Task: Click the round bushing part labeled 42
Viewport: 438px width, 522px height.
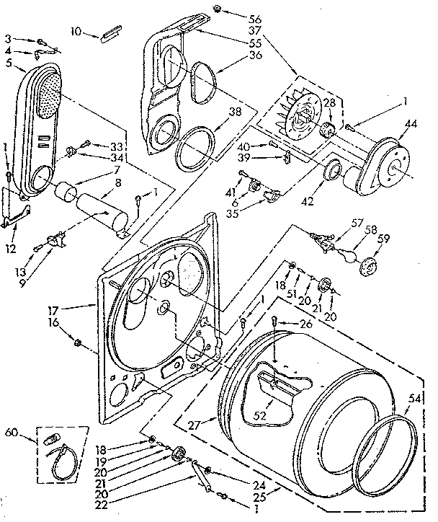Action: [x=334, y=172]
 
